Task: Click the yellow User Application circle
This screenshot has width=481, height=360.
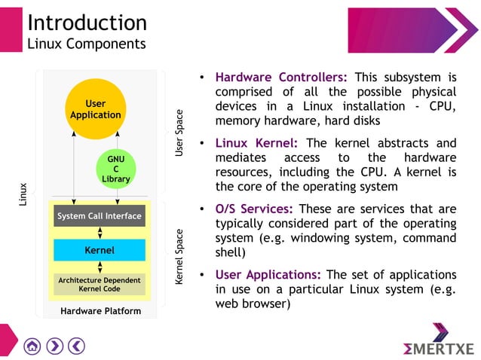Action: tap(95, 109)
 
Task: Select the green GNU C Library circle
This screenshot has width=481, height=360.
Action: tap(116, 169)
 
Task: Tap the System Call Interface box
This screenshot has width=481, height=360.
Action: tap(100, 216)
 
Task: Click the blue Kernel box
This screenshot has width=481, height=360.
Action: tap(100, 250)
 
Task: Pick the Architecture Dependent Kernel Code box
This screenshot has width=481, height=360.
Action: tap(100, 284)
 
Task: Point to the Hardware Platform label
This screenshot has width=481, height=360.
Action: tap(100, 311)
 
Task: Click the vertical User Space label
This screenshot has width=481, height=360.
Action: tap(179, 133)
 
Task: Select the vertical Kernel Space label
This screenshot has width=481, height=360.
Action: tap(179, 257)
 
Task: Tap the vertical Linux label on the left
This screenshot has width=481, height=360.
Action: tap(23, 194)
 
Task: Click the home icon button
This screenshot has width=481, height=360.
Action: tap(32, 346)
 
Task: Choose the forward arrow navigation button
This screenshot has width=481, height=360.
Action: tap(54, 346)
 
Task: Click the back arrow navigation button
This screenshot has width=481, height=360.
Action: tap(76, 346)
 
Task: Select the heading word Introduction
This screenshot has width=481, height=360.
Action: tap(87, 23)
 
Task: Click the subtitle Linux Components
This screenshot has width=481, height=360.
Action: tap(87, 44)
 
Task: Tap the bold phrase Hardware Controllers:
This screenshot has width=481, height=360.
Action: tap(281, 77)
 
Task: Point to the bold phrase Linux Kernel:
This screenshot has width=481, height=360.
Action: tap(256, 143)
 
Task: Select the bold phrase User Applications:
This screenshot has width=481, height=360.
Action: tap(268, 275)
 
